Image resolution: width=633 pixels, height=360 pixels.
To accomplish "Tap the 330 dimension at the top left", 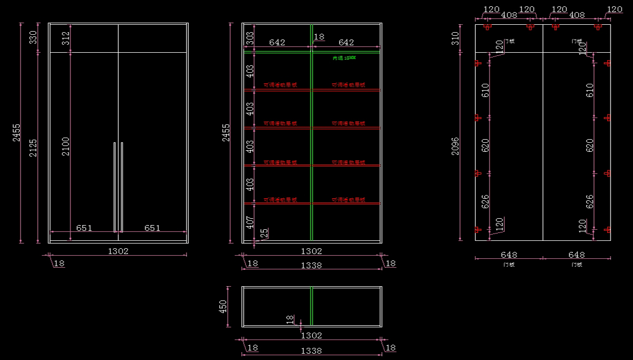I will pyautogui.click(x=33, y=37).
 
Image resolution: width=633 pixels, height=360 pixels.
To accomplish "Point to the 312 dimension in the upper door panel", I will pyautogui.click(x=65, y=38).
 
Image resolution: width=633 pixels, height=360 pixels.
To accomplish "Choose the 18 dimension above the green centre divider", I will pyautogui.click(x=319, y=37).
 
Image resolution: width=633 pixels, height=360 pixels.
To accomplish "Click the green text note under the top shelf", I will pyautogui.click(x=344, y=58).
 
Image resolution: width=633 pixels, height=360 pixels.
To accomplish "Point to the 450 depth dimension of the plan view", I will pyautogui.click(x=223, y=306).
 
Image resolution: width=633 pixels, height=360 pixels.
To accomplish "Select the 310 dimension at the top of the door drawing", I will pyautogui.click(x=455, y=38).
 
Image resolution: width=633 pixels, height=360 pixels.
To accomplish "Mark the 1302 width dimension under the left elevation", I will pyautogui.click(x=118, y=251).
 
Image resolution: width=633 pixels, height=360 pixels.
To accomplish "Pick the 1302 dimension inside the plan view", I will pyautogui.click(x=311, y=335).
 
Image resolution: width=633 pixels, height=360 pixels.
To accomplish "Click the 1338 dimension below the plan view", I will pyautogui.click(x=311, y=350).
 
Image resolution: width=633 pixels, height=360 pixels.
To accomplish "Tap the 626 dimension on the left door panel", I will pyautogui.click(x=485, y=201).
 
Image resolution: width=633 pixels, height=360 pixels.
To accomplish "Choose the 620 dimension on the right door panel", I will pyautogui.click(x=590, y=145).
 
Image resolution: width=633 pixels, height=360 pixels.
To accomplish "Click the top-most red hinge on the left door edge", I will pyautogui.click(x=478, y=63).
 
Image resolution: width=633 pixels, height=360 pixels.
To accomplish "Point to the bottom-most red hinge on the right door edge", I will pyautogui.click(x=607, y=230).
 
